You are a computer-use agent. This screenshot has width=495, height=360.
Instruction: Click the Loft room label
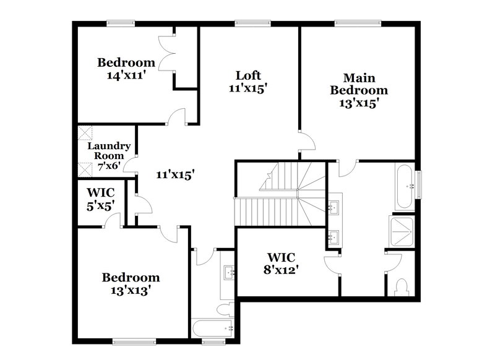coord(247,76)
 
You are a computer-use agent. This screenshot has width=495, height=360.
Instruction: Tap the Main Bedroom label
coord(359,90)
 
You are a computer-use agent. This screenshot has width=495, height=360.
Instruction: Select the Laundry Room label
coord(108,151)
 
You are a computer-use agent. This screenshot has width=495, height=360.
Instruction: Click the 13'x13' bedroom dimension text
coord(131,289)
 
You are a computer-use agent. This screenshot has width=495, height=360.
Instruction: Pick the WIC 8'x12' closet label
coord(282,262)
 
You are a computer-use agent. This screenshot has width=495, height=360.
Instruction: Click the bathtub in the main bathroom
coord(406,185)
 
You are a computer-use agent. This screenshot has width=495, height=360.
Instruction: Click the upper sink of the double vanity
coord(335,207)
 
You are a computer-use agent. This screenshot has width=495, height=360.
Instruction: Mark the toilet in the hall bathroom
coord(223,307)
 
